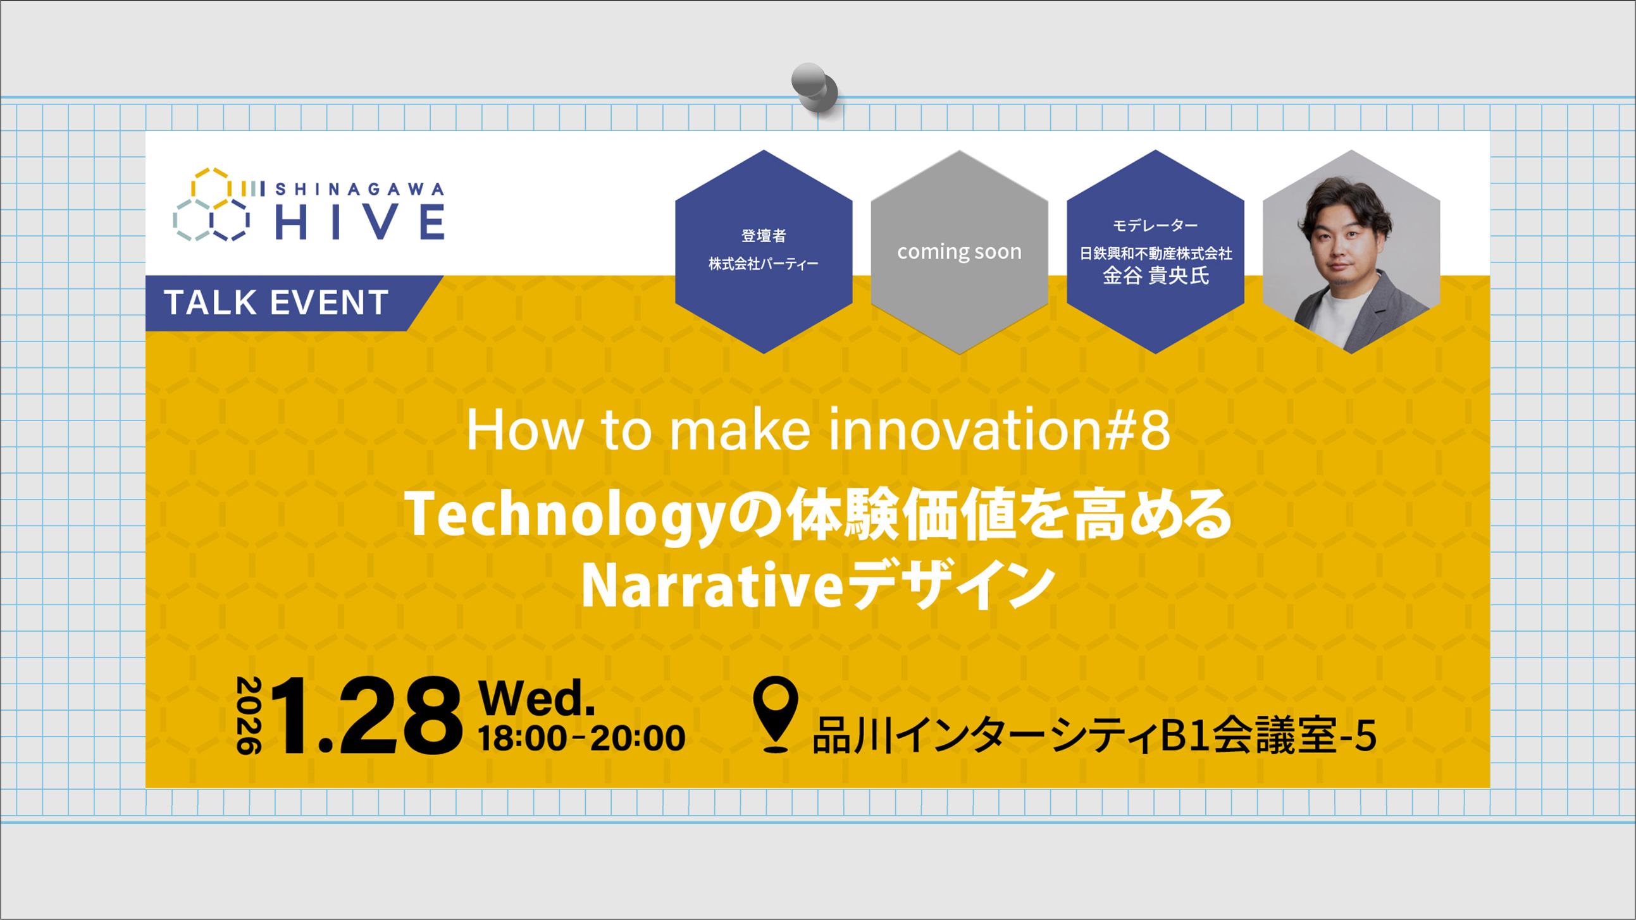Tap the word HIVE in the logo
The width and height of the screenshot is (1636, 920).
point(360,221)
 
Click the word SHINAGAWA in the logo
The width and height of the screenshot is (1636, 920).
point(360,188)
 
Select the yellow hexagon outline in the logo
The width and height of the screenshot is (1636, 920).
point(210,185)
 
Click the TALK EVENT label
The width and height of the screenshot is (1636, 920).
point(276,302)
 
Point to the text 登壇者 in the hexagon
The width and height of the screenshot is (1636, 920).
point(764,236)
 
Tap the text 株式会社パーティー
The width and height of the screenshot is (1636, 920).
point(764,264)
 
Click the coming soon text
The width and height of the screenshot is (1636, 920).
point(959,252)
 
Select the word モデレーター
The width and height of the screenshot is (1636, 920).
point(1155,225)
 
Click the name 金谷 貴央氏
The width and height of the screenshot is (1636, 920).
point(1155,276)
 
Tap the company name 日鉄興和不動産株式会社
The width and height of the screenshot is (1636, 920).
point(1155,254)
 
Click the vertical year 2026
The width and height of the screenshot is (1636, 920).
point(249,715)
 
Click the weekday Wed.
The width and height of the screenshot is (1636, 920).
point(536,698)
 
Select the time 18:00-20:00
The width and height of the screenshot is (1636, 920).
point(581,738)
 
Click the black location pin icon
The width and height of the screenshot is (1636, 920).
point(776,713)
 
